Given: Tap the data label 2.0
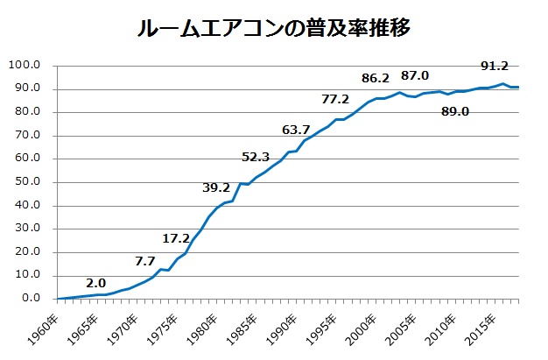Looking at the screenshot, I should tap(96, 283).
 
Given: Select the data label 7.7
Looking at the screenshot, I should tap(145, 260).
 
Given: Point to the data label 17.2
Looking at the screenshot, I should tap(176, 237).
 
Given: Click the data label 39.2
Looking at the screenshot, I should tap(216, 187).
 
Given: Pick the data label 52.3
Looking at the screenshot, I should tap(256, 157).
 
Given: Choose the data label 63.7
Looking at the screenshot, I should tap(296, 130).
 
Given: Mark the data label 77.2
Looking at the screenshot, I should tap(335, 99).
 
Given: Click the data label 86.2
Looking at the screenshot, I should tap(375, 77).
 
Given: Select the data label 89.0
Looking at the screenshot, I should tap(455, 111).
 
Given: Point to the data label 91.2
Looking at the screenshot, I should tap(495, 65).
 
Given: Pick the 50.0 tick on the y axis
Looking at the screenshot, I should tap(27, 182).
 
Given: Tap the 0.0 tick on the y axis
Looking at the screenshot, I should tap(31, 299).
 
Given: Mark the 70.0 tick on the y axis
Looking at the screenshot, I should tap(27, 135).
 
